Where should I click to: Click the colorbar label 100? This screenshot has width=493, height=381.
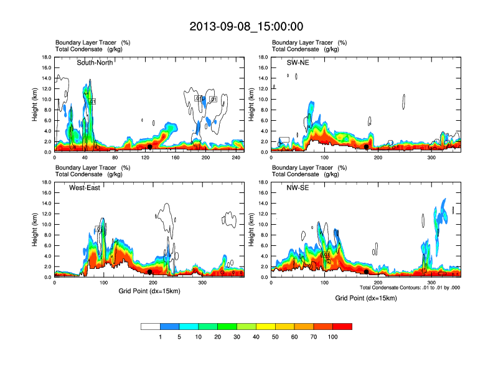(x=333, y=337)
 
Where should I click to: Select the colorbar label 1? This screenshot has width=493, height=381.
(x=161, y=337)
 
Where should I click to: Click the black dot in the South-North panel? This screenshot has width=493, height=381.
(x=150, y=147)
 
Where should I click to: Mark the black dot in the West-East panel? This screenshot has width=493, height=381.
(x=150, y=272)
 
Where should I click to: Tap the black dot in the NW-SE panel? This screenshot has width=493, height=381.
(x=367, y=272)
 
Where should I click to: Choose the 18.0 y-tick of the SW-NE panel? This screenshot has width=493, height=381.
(x=264, y=57)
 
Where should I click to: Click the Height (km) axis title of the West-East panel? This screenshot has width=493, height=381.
(x=35, y=230)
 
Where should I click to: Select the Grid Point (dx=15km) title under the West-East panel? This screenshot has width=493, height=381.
(x=149, y=291)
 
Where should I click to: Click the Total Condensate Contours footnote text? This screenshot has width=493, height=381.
(x=410, y=287)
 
